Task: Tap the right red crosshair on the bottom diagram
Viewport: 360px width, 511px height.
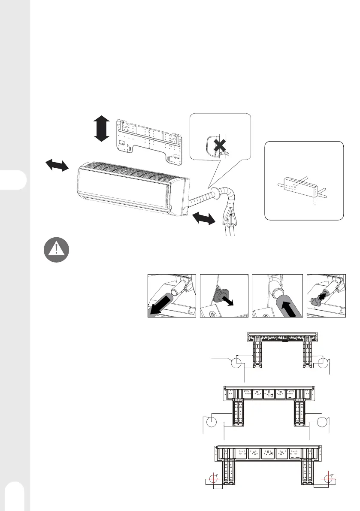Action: click(328, 478)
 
